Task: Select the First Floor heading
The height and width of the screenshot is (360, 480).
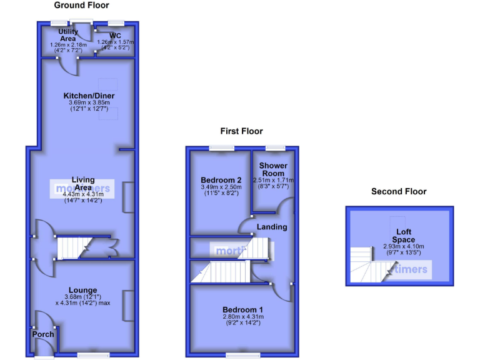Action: [x=241, y=131]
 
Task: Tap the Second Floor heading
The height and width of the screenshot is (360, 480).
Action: [x=399, y=192]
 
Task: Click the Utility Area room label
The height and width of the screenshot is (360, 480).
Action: [x=68, y=35]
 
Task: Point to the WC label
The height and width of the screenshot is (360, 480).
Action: [x=115, y=36]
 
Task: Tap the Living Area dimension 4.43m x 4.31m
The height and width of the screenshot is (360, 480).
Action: [x=83, y=194]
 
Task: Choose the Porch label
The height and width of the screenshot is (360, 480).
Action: [x=44, y=334]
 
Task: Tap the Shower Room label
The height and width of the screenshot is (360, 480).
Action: [x=274, y=169]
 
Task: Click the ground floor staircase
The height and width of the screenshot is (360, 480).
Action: [x=74, y=247]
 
